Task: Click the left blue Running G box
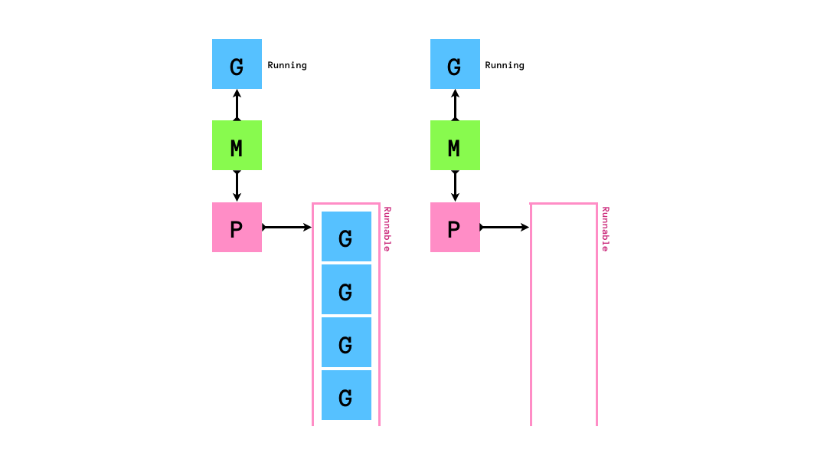pos(237,64)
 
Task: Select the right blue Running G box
pos(455,64)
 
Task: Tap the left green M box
pos(237,146)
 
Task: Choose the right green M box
pos(455,146)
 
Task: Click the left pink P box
pos(237,228)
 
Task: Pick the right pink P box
pos(455,228)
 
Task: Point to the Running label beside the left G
pos(287,65)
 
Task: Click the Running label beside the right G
pos(505,65)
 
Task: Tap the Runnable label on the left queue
pos(387,229)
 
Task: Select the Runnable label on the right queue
pos(605,229)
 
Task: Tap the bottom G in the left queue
pos(346,395)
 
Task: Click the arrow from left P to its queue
pos(286,228)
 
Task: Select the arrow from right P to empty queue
pos(505,228)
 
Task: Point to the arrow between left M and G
pos(237,105)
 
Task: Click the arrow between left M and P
pos(237,186)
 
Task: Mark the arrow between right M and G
pos(455,105)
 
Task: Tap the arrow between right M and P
pos(455,186)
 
